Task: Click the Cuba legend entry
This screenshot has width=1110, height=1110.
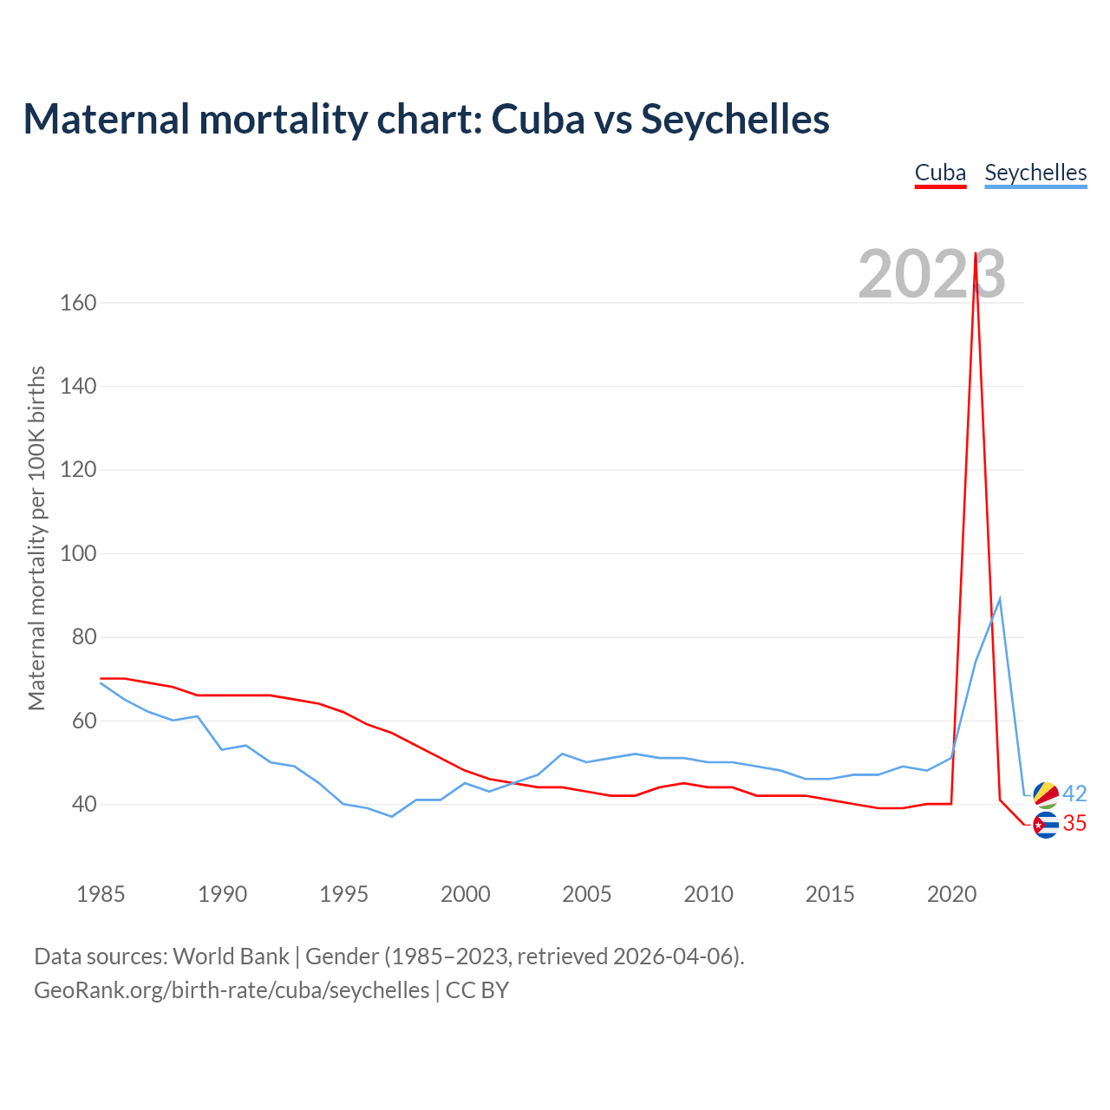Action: pyautogui.click(x=940, y=173)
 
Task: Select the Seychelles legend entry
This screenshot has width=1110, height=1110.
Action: pyautogui.click(x=1035, y=173)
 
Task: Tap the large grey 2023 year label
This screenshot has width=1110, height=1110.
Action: pyautogui.click(x=931, y=274)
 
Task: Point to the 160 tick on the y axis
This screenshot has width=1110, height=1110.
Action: pyautogui.click(x=78, y=303)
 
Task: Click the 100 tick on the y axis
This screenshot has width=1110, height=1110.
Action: pyautogui.click(x=78, y=553)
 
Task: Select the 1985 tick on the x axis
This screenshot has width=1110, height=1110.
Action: pyautogui.click(x=101, y=893)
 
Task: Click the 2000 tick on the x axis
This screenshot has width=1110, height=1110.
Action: pyautogui.click(x=466, y=893)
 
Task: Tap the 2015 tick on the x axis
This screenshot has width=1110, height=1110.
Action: pyautogui.click(x=830, y=893)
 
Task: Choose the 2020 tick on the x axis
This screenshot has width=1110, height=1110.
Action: pyautogui.click(x=951, y=893)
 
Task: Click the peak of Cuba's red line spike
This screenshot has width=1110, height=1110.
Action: pyautogui.click(x=976, y=254)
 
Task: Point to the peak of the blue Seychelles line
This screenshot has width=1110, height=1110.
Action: pyautogui.click(x=1000, y=598)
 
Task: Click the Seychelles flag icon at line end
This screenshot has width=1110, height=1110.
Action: pyautogui.click(x=1046, y=794)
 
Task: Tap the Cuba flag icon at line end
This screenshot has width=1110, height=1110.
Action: pyautogui.click(x=1046, y=825)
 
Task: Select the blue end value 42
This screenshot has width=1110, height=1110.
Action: pyautogui.click(x=1074, y=793)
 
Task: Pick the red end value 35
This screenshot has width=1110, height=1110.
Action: pyautogui.click(x=1074, y=824)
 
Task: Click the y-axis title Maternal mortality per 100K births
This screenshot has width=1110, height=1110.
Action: pyautogui.click(x=36, y=538)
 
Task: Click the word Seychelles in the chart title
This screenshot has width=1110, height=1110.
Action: pyautogui.click(x=735, y=119)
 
